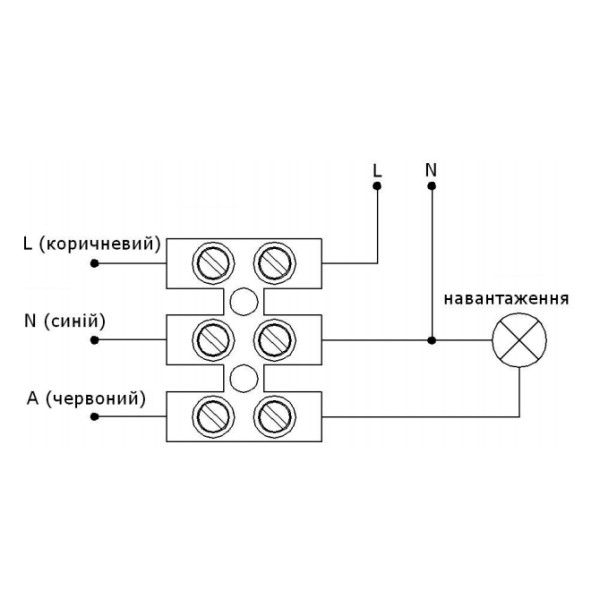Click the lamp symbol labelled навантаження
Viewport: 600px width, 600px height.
pos(520,340)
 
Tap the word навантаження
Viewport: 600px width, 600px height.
pos(507,298)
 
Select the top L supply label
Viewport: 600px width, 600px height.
pos(377,170)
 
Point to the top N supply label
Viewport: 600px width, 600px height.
pos(431,169)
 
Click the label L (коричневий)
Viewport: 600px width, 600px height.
pos(91,243)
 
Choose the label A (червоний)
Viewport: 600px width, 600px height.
pos(87,399)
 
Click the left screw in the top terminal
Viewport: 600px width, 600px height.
pos(214,263)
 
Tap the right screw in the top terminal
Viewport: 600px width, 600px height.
pos(272,263)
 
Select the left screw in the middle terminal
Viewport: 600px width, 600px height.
pos(214,339)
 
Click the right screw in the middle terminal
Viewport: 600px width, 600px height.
pos(272,339)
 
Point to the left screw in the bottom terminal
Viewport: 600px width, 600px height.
pos(214,414)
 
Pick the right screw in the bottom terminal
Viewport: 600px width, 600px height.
pos(272,414)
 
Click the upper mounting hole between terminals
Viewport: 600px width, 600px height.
pos(243,301)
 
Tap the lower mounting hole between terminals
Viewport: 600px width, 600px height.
pos(243,377)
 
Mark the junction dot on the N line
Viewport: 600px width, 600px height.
pos(431,340)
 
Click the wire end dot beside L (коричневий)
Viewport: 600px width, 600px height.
pos(94,264)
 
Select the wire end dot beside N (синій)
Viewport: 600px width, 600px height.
pos(94,340)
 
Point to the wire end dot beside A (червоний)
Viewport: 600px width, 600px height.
pos(94,415)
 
